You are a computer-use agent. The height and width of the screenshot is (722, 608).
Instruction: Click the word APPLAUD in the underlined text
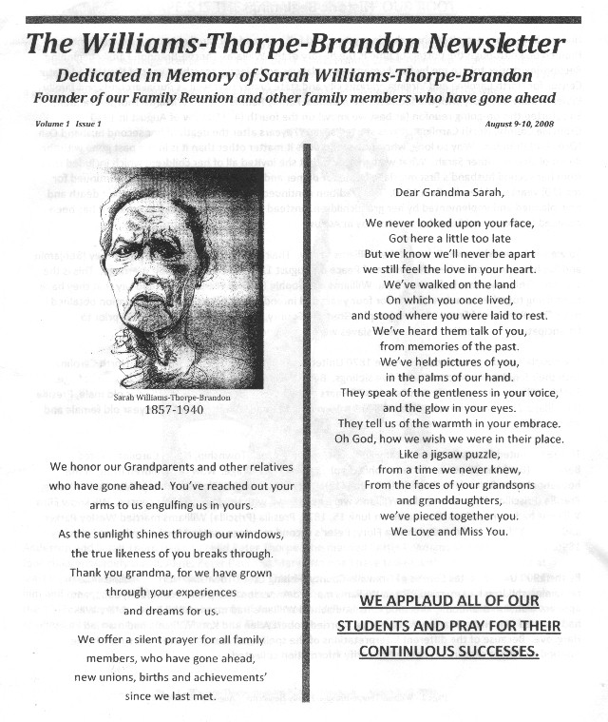point(435,602)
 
